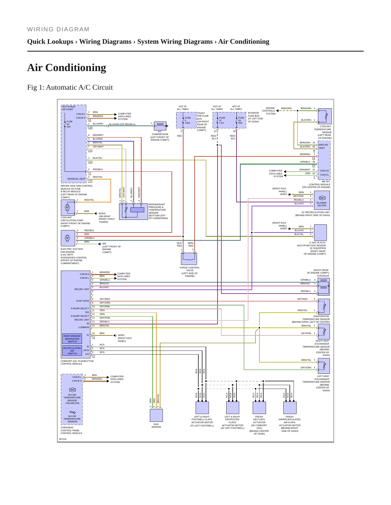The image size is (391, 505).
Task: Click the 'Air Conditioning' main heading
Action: tap(67, 68)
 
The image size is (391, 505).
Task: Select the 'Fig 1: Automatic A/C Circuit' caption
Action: tap(70, 87)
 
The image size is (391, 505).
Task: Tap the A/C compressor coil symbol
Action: tap(160, 126)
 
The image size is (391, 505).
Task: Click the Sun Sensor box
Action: tap(156, 415)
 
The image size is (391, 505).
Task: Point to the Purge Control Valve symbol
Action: tap(189, 259)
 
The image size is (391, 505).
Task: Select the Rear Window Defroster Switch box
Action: tap(72, 339)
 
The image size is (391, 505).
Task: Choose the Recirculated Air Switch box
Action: tap(72, 351)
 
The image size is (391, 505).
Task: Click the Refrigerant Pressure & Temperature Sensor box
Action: tap(134, 211)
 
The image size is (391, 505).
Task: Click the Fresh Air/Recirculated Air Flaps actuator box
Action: tap(290, 408)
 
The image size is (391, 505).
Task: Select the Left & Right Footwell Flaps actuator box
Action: tap(202, 408)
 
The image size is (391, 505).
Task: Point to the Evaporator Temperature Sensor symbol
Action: tap(324, 307)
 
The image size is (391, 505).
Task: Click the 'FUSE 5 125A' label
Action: tap(188, 120)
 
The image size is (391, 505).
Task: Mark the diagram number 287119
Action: tap(63, 439)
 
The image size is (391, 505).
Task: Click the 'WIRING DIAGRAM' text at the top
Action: tap(58, 29)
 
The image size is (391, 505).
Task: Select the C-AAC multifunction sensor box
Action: tap(320, 233)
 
